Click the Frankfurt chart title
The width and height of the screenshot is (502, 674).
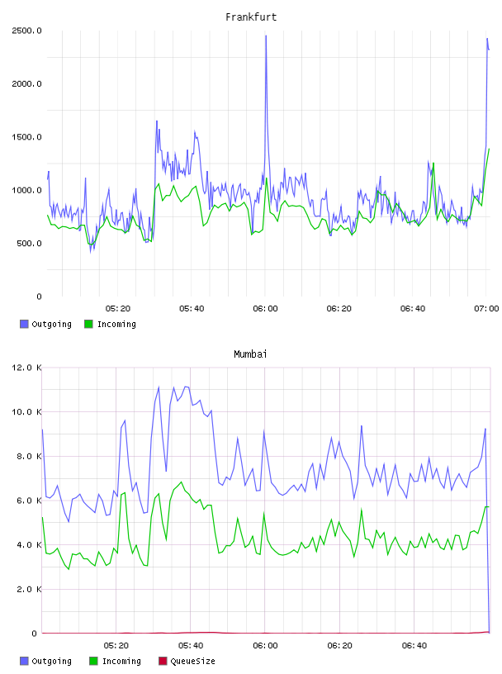[x=251, y=17]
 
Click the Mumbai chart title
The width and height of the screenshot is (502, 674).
[x=250, y=354]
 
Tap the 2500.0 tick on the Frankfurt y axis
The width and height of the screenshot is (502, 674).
[x=26, y=31]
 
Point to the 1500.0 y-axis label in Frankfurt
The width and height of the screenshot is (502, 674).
[x=26, y=137]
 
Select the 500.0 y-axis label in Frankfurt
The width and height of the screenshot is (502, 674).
[x=29, y=244]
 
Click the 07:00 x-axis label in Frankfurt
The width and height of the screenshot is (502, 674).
[x=486, y=309]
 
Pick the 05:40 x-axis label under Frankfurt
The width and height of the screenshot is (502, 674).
[x=192, y=309]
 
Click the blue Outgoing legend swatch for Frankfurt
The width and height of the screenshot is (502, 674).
[x=24, y=324]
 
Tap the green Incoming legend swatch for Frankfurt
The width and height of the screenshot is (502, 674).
[x=88, y=324]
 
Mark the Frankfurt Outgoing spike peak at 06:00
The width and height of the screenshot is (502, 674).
[x=266, y=36]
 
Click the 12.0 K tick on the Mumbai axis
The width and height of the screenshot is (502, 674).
[x=26, y=368]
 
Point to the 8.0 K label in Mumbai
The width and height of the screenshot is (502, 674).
[x=29, y=456]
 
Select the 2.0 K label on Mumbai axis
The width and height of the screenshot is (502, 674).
[x=29, y=589]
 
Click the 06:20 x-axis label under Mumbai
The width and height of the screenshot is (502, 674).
[x=339, y=646]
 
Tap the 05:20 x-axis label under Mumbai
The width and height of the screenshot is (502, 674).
[x=116, y=646]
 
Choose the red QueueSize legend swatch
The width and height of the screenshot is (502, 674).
[x=163, y=661]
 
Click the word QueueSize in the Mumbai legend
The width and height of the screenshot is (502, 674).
[x=192, y=661]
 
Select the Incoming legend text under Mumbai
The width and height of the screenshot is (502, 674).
[x=121, y=662]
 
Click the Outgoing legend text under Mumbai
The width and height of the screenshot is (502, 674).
[x=51, y=662]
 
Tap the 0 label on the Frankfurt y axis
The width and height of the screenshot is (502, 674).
[x=39, y=297]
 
